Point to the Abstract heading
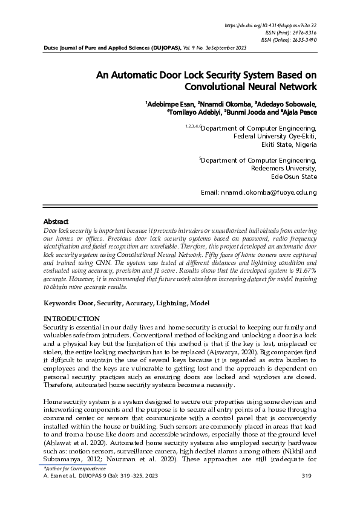pyautogui.click(x=56, y=222)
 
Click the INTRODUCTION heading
pyautogui.click(x=71, y=319)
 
